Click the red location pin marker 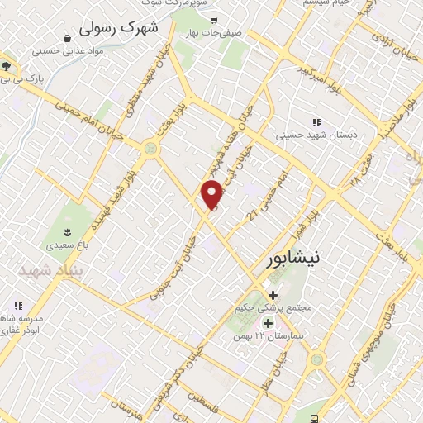pyautogui.click(x=213, y=195)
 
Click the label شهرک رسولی pyautogui.click(x=117, y=27)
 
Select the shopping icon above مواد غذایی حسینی pyautogui.click(x=67, y=36)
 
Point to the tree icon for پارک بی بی pyautogui.click(x=6, y=67)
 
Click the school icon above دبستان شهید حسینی pyautogui.click(x=316, y=121)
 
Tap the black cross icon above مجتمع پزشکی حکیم pyautogui.click(x=273, y=294)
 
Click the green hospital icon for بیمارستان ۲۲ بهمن pyautogui.click(x=267, y=322)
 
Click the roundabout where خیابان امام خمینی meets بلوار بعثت pyautogui.click(x=150, y=149)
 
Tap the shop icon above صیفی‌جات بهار pyautogui.click(x=214, y=20)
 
